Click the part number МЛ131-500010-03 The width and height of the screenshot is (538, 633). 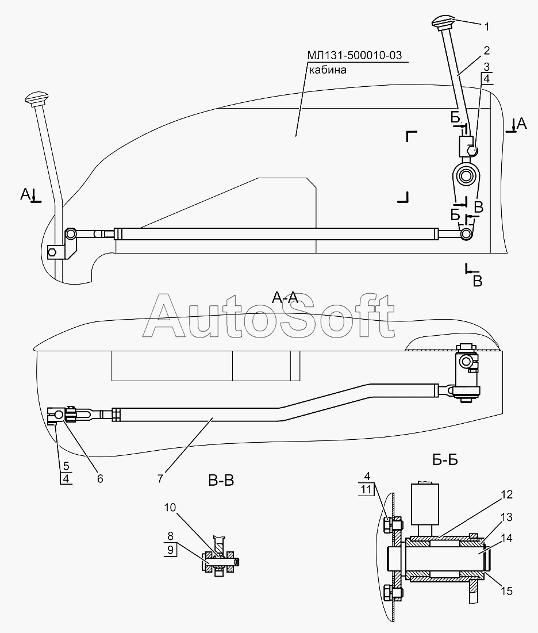(x=354, y=55)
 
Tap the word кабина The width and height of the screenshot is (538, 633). (x=328, y=70)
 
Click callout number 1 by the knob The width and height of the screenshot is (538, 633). (x=486, y=26)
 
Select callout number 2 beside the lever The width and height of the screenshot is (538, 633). (x=486, y=50)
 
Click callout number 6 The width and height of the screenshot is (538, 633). (x=100, y=478)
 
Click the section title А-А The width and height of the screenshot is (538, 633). (x=284, y=297)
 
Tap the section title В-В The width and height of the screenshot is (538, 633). (x=221, y=479)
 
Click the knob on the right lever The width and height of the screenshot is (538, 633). (x=443, y=25)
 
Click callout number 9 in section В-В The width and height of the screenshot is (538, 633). (x=170, y=550)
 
